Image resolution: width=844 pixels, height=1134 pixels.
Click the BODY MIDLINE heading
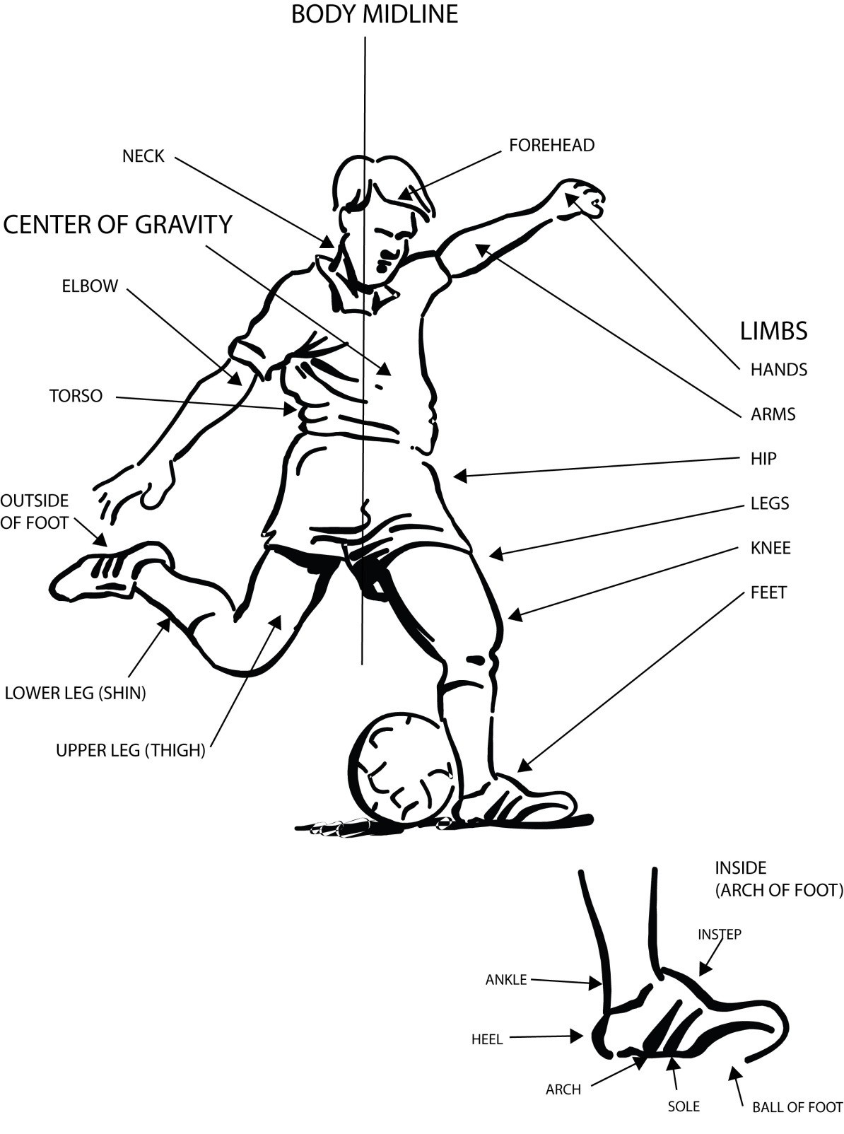pos(374,14)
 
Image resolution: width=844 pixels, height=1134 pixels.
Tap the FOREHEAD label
pos(551,145)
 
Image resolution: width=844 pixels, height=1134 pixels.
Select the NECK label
pos(143,156)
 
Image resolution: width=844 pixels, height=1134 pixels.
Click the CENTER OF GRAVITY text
pos(117,224)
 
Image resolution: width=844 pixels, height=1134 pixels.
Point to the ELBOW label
pos(90,286)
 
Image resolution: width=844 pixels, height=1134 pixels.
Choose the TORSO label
pos(76,396)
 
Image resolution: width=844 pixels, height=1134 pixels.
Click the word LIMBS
pos(773,331)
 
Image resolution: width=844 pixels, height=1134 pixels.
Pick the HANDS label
pos(778,369)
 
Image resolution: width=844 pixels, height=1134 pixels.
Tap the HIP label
pos(763,459)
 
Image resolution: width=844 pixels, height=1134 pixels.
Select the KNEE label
pos(770,548)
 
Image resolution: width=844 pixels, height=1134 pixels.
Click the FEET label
pos(768,592)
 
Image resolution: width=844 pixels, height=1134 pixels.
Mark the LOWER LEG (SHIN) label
pos(76,694)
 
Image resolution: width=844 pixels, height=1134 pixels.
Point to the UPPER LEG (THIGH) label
pos(130,751)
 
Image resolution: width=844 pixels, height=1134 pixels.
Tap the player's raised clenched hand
pos(582,198)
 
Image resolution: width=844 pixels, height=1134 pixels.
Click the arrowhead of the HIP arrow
pos(459,477)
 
